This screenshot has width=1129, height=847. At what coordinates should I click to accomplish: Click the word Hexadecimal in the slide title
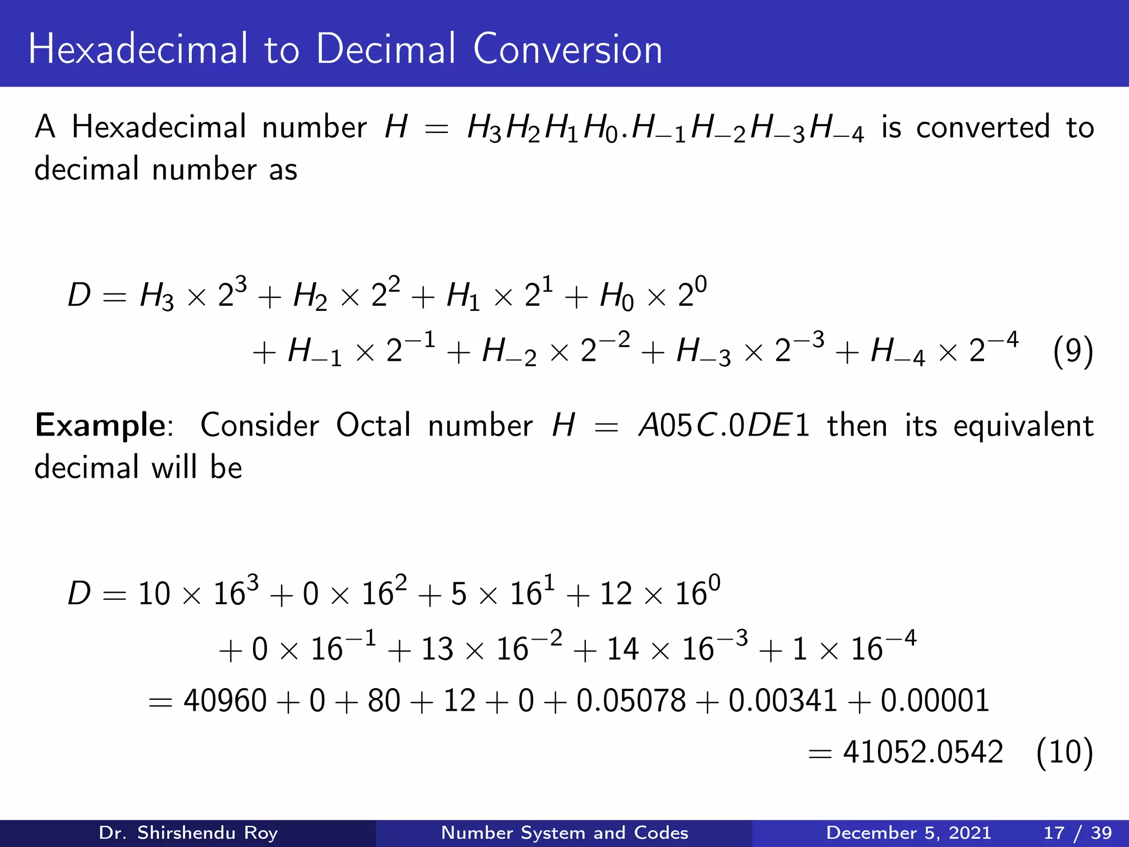click(x=138, y=50)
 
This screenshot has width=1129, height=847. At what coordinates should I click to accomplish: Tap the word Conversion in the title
click(x=568, y=50)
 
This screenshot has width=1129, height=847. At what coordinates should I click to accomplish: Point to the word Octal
click(x=374, y=426)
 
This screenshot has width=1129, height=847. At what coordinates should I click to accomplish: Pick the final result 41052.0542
click(x=923, y=752)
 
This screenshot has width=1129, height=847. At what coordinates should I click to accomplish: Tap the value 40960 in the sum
click(x=225, y=701)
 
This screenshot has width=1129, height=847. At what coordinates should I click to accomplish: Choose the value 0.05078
click(x=631, y=701)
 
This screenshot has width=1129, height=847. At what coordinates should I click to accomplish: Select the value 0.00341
click(x=783, y=701)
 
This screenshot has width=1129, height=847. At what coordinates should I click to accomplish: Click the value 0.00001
click(x=935, y=701)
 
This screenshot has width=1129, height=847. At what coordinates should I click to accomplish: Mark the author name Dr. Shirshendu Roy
click(x=188, y=833)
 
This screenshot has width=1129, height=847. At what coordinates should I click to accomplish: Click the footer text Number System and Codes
click(x=564, y=833)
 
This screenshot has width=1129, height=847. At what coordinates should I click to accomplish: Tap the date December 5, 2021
click(x=908, y=833)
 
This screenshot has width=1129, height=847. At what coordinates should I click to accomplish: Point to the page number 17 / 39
click(x=1078, y=833)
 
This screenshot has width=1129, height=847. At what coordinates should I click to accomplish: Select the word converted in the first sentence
click(x=983, y=128)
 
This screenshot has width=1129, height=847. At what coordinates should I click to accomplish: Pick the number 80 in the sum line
click(x=384, y=701)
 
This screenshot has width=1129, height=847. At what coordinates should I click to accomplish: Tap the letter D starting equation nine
click(x=79, y=294)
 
